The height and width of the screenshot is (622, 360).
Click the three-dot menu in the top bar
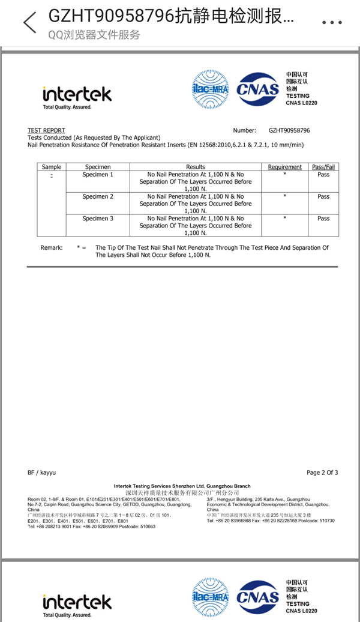332,23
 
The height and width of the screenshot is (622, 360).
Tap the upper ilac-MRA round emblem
210,89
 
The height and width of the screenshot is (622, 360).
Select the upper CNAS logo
258,89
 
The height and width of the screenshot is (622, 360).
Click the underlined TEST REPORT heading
46,130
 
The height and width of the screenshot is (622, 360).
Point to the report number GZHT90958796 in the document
289,130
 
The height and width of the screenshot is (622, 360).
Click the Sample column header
52,167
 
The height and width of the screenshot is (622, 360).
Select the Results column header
196,167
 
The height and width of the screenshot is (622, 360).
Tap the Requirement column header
284,167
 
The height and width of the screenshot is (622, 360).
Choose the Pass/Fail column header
323,167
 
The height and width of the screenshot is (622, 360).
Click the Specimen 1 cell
98,174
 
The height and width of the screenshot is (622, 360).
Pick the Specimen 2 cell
98,196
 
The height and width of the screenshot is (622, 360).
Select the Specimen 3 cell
98,219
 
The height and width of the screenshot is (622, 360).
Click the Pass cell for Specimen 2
323,196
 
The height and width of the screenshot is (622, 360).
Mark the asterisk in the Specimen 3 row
284,219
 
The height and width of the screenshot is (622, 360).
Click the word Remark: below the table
52,247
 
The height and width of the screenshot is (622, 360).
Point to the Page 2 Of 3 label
322,473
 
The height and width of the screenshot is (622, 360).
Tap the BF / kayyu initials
41,473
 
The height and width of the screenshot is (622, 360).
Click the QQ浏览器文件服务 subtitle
94,35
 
